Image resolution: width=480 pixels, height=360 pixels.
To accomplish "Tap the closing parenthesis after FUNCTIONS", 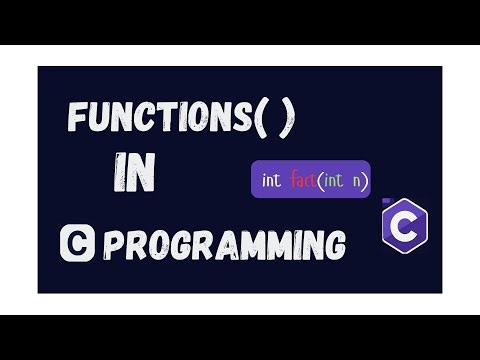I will tap(287, 121).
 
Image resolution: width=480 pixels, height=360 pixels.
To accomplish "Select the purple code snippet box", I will tap(310, 181).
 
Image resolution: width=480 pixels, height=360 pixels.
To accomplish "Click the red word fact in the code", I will tap(303, 181).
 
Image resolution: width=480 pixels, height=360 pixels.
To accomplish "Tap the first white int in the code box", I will tap(271, 181).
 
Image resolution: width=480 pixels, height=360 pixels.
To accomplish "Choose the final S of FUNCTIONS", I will tap(240, 120).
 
